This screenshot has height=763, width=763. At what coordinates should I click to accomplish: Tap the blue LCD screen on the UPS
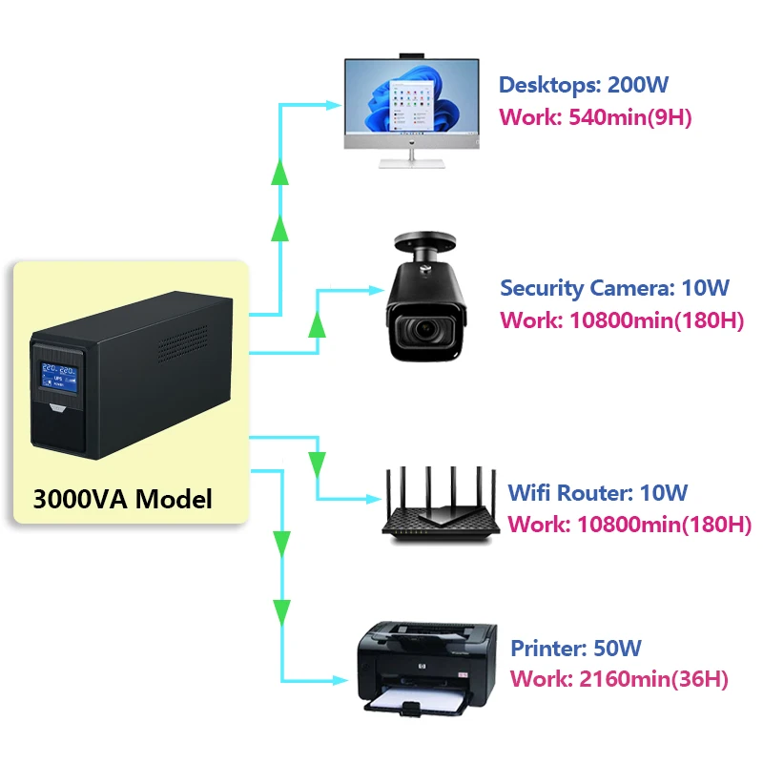coord(60,378)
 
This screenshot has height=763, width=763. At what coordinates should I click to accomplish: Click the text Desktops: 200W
coord(583,85)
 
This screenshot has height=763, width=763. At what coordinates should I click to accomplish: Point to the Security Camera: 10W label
coord(614,287)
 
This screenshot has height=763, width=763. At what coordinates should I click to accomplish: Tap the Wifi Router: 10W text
coord(597,493)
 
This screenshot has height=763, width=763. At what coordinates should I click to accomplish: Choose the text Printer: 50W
coord(576,649)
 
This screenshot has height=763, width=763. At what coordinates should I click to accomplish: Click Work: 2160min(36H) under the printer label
coord(619,680)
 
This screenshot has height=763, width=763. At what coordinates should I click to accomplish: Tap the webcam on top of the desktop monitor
coord(411,54)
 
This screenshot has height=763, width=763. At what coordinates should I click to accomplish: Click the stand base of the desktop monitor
coord(411,162)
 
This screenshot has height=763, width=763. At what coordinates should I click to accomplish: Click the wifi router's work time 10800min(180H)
coord(629,525)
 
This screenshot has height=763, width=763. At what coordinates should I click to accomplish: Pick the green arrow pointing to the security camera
coord(318,325)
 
